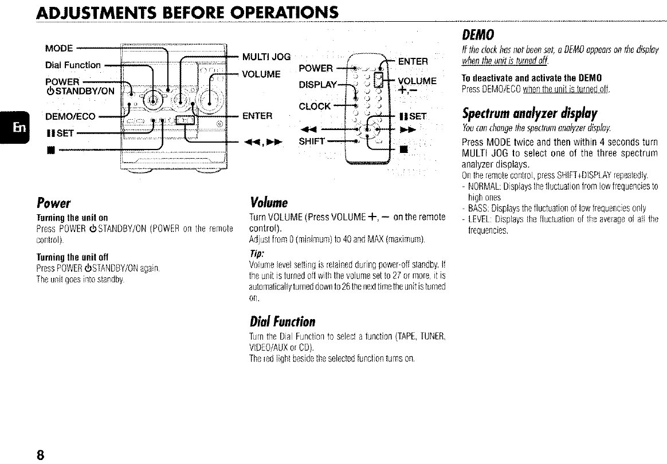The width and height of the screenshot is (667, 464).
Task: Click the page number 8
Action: click(40, 455)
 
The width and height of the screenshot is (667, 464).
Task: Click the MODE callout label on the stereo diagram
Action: click(58, 48)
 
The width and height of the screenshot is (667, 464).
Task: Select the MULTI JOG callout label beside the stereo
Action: click(266, 56)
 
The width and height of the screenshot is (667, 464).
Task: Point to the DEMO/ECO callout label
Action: click(71, 117)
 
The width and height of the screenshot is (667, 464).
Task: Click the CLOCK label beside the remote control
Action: click(315, 106)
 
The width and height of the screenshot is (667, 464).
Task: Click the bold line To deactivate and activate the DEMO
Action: click(519, 78)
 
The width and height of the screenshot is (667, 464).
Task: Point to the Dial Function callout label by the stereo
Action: click(73, 65)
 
